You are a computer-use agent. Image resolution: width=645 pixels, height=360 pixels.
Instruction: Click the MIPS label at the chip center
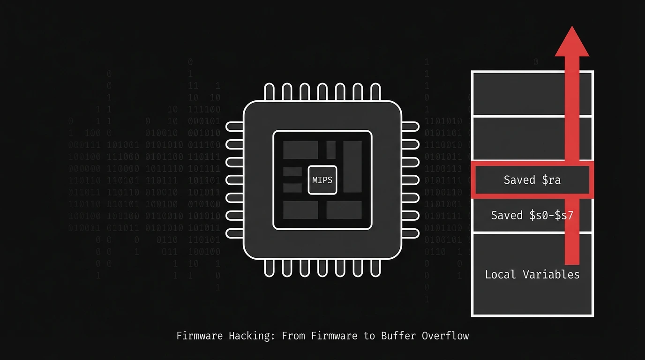pyautogui.click(x=322, y=180)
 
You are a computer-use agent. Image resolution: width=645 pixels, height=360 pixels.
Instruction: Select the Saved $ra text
pyautogui.click(x=532, y=180)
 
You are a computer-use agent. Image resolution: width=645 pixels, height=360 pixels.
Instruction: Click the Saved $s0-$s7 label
pyautogui.click(x=532, y=215)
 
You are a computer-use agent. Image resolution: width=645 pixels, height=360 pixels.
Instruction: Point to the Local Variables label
pyautogui.click(x=532, y=275)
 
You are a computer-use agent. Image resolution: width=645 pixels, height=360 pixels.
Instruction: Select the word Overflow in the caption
pyautogui.click(x=445, y=336)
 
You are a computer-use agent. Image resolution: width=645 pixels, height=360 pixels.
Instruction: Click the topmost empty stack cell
pyautogui.click(x=516, y=93)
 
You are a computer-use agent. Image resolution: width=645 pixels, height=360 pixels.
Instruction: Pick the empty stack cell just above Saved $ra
pyautogui.click(x=516, y=139)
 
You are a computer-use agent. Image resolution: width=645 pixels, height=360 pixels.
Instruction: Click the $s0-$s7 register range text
pyautogui.click(x=552, y=215)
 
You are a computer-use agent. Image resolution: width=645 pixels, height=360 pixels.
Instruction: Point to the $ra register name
pyautogui.click(x=551, y=180)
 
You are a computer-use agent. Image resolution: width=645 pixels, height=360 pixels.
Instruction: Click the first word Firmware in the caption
pyautogui.click(x=200, y=336)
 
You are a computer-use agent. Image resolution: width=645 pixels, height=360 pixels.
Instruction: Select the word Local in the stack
pyautogui.click(x=500, y=275)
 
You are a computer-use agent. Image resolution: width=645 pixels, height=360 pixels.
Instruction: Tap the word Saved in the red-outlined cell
pyautogui.click(x=519, y=180)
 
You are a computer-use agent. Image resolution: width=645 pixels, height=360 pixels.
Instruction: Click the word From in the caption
pyautogui.click(x=293, y=336)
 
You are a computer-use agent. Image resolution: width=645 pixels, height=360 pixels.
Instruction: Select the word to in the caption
pyautogui.click(x=370, y=336)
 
